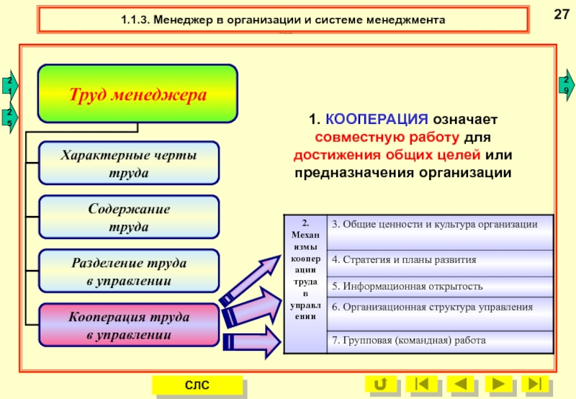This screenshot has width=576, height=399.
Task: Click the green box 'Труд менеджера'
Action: [x=138, y=94]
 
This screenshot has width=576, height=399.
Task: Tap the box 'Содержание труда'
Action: [x=128, y=218]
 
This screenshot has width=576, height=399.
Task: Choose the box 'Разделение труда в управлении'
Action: [x=128, y=272]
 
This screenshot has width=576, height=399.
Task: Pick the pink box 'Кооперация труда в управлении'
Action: [x=128, y=326]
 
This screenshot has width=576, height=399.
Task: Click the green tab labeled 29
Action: [x=567, y=84]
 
